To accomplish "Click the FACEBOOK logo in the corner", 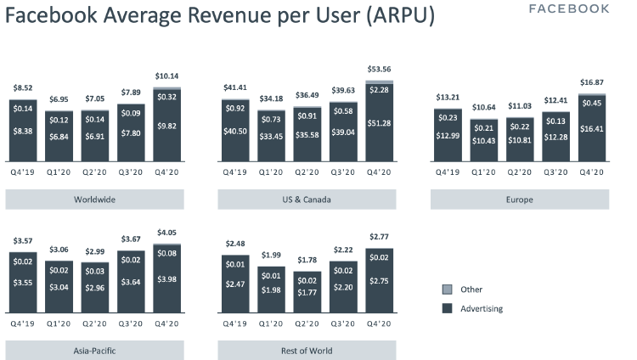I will click(x=580, y=9).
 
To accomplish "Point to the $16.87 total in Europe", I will click(x=590, y=83).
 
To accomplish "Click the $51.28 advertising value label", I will click(x=378, y=124).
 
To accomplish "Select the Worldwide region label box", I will click(x=94, y=200).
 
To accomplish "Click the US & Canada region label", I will click(x=307, y=200).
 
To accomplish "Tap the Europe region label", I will click(x=519, y=200).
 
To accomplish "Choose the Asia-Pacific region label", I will click(x=94, y=351).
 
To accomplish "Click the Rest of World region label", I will click(x=307, y=351).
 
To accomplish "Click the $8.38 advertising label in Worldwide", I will click(x=23, y=132).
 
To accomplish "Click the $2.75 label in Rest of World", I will click(x=378, y=279).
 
